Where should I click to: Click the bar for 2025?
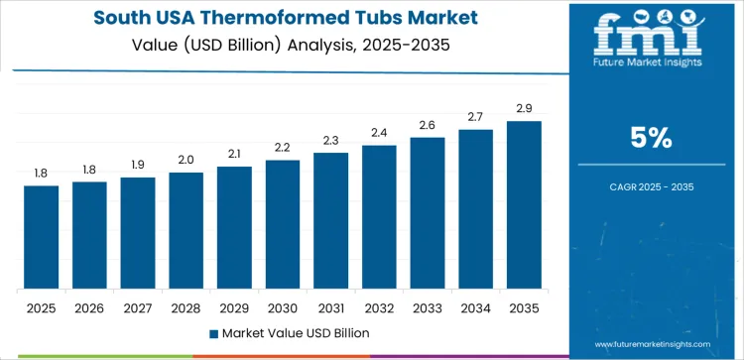tap(42, 237)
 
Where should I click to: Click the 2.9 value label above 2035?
tap(524, 108)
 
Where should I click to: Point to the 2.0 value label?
tap(186, 160)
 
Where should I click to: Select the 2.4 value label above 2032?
tap(379, 133)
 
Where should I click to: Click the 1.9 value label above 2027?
tap(138, 165)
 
